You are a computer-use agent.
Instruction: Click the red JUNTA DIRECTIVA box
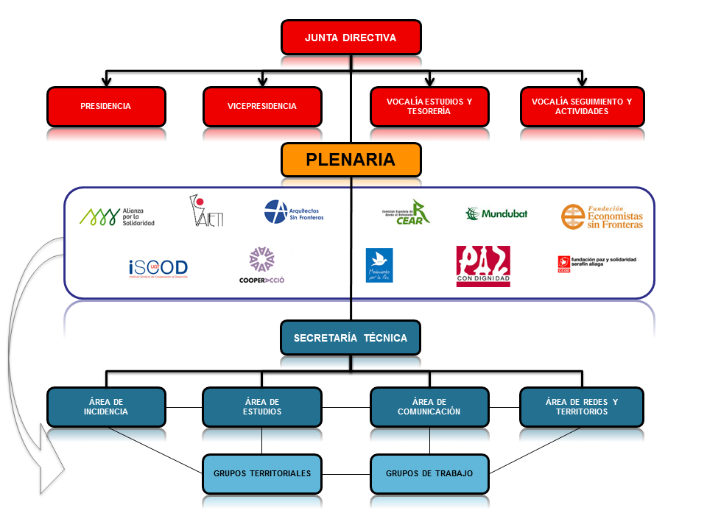point(351,37)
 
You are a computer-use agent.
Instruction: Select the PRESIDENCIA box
point(105,106)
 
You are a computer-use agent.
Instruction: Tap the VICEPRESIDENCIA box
point(262,106)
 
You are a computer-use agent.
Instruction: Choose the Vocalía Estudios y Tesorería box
point(429,106)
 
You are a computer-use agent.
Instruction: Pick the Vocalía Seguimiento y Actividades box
point(583,106)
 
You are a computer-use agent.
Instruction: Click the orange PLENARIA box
point(351,159)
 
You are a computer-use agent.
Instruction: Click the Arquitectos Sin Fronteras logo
point(294,212)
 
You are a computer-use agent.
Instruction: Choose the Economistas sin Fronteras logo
point(602,216)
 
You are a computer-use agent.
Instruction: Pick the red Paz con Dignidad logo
point(483,266)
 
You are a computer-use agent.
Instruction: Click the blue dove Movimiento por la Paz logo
point(379,266)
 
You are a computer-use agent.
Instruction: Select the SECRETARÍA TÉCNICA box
point(351,338)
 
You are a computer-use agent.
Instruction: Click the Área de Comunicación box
point(429,406)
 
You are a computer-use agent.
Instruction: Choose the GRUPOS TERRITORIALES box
point(262,473)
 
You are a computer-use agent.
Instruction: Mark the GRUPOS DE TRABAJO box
point(429,473)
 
